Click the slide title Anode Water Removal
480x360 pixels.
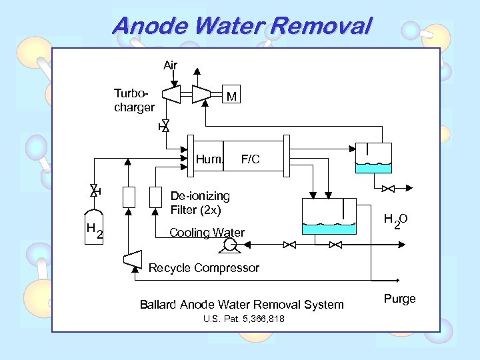pos(241,27)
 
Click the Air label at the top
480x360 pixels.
pos(171,65)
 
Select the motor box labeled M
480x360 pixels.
pos(231,97)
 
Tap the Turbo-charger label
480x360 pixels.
pos(134,101)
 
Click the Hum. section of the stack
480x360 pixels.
pos(208,159)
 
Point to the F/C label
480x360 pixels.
pos(251,160)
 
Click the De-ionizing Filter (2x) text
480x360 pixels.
pos(200,203)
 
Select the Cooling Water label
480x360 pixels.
pos(207,233)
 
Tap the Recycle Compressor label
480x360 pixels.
pos(204,268)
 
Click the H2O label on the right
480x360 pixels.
pos(395,221)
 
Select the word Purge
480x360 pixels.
pos(400,299)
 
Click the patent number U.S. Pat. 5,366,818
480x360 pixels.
pos(243,319)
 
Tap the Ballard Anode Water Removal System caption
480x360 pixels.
pos(242,305)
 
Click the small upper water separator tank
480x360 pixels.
pos(373,159)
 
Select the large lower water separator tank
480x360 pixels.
pos(329,217)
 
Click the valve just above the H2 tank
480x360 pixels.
pos(94,191)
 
